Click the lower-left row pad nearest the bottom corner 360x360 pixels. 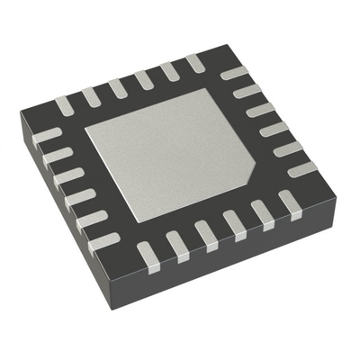point(105,241)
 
